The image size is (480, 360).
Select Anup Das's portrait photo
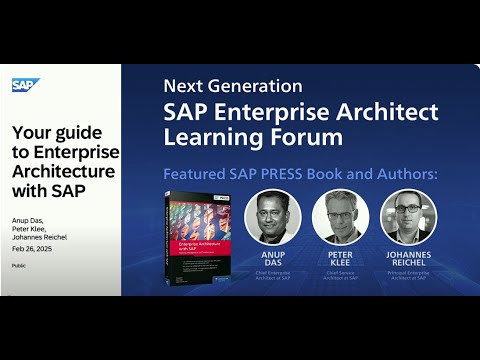pyautogui.click(x=273, y=216)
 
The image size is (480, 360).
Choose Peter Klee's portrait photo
pyautogui.click(x=341, y=216)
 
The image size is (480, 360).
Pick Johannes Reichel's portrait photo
pyautogui.click(x=408, y=216)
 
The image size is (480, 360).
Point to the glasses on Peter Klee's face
pyautogui.click(x=341, y=209)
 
